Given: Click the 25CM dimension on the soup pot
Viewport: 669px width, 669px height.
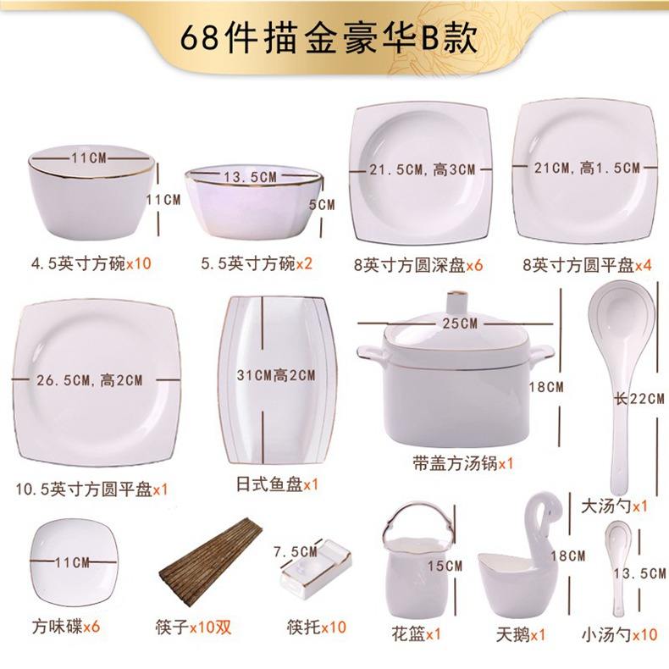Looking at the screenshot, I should pos(458,323).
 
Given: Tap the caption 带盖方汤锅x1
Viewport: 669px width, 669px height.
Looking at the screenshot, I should pos(459,464).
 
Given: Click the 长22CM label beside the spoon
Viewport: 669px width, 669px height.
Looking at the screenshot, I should pos(639,399).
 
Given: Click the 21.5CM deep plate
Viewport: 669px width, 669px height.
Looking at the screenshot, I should pos(421,169).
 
